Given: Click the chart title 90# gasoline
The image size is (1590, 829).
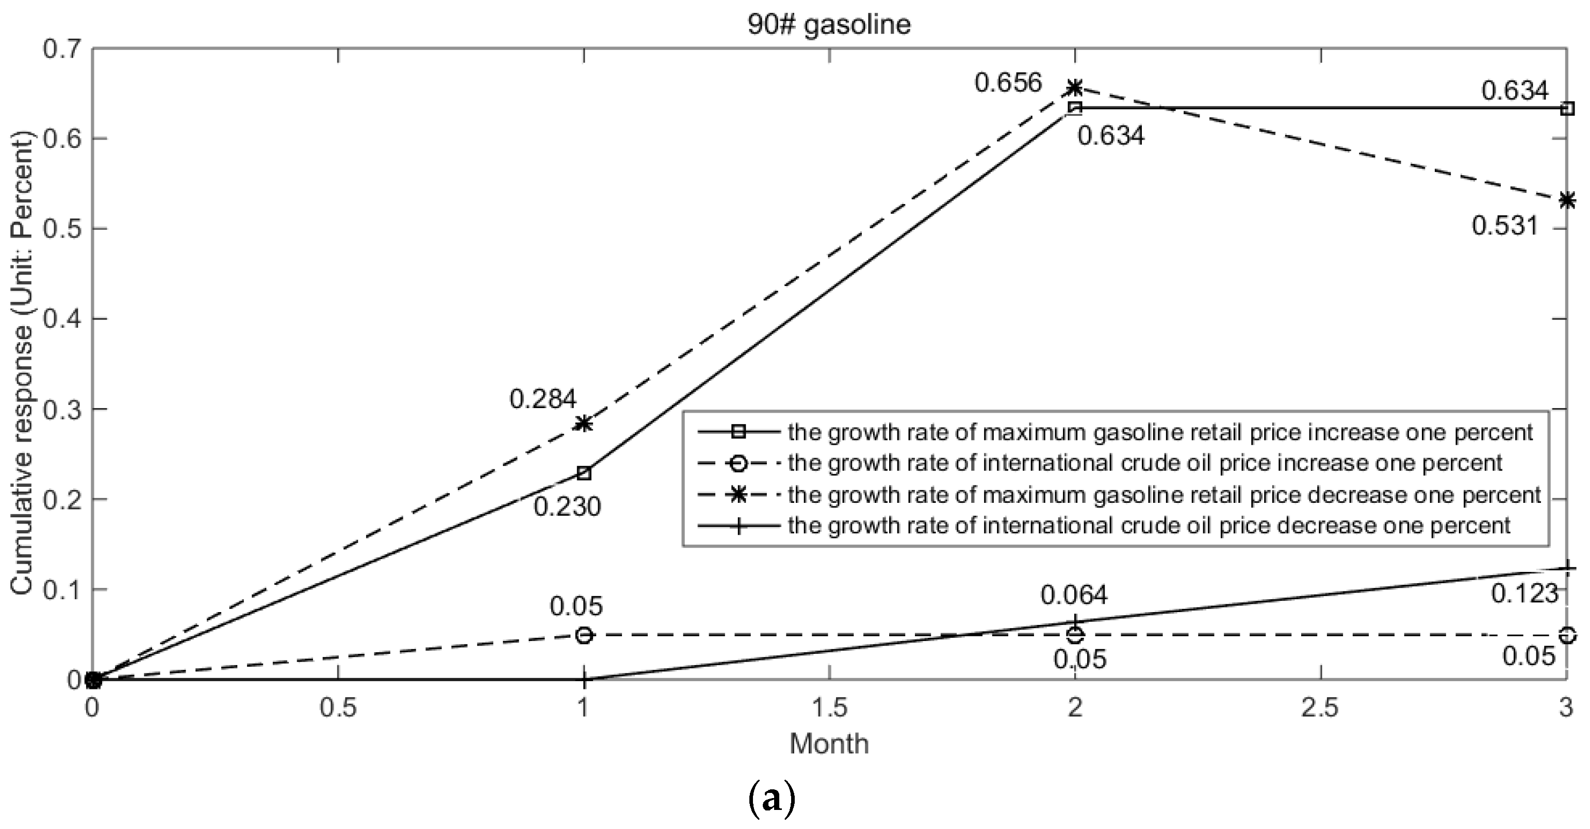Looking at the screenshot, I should point(829,25).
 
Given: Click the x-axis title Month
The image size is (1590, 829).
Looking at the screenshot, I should point(829,744).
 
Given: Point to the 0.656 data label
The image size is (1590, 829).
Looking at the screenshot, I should point(1008,82).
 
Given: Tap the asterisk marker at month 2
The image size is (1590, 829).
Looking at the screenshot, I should point(1075,88).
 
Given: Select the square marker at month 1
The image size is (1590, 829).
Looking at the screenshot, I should point(584,473).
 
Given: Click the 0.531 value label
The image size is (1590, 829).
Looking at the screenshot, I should point(1505,226).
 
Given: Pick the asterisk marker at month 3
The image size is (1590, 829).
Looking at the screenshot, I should point(1567,200).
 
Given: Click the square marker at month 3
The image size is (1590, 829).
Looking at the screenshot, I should point(1567,109).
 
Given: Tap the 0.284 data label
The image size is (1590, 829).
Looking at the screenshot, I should point(543,399).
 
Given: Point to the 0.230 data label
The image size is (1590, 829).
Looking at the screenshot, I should point(567,507).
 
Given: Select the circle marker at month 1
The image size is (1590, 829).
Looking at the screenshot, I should point(584,635).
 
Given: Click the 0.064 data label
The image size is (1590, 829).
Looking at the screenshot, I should point(1074,595).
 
